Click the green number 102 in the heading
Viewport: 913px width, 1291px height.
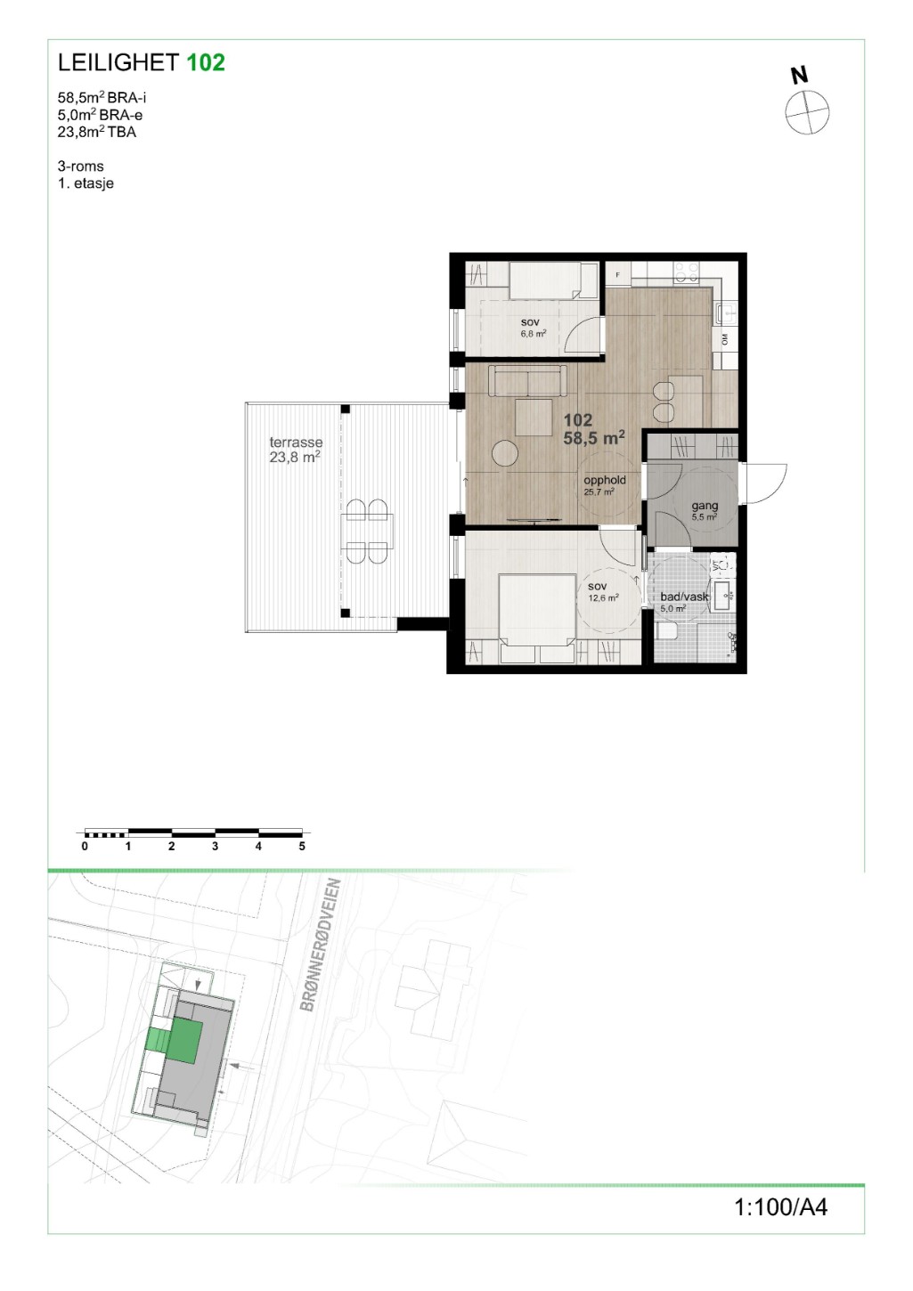pyautogui.click(x=206, y=62)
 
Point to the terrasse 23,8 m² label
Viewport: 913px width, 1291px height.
pyautogui.click(x=296, y=450)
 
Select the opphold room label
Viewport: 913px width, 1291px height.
pyautogui.click(x=605, y=480)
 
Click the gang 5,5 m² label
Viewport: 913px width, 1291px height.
pyautogui.click(x=705, y=511)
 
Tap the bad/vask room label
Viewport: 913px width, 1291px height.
pyautogui.click(x=684, y=597)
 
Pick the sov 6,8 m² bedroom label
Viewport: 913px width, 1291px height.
pyautogui.click(x=533, y=328)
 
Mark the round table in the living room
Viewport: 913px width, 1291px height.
pyautogui.click(x=506, y=454)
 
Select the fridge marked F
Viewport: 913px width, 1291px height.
pyautogui.click(x=617, y=274)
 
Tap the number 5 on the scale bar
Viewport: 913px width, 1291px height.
pyautogui.click(x=302, y=847)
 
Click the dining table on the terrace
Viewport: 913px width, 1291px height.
pyautogui.click(x=367, y=532)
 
